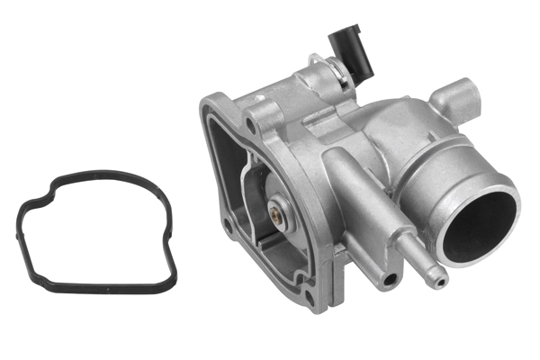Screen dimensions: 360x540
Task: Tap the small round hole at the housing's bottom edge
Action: tap(388, 279)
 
